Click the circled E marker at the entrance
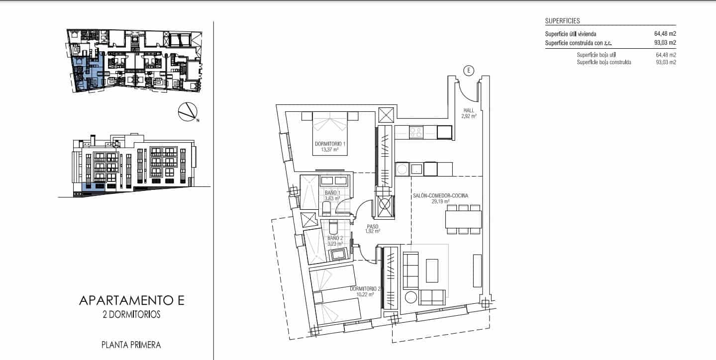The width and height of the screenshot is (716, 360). tap(468, 71)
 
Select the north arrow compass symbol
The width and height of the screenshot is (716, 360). tap(188, 112)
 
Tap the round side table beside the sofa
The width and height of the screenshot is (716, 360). tap(411, 297)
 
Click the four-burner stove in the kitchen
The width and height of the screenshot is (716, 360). tap(415, 132)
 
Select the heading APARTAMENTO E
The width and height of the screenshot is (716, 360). tap(132, 300)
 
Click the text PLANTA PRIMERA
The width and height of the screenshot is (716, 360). tap(131, 344)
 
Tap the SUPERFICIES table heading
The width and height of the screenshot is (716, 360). tap(562, 21)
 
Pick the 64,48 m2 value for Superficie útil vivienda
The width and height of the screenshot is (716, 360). tap(665, 34)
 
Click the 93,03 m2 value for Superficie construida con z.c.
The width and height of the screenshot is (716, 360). tap(665, 43)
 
